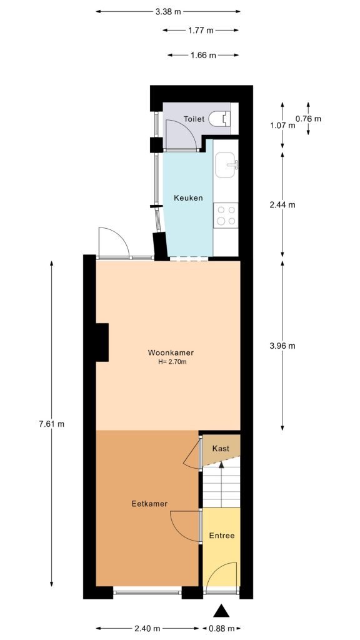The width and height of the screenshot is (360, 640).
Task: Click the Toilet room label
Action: [194, 119]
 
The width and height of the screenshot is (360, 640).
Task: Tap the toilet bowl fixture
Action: [219, 119]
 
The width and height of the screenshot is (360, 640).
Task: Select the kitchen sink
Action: [226, 166]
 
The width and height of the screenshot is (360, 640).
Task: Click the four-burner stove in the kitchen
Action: [226, 215]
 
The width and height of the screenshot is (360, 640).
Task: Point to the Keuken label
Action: [187, 198]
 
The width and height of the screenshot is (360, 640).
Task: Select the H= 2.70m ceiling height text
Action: [172, 361]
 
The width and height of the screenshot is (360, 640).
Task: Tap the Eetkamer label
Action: [149, 504]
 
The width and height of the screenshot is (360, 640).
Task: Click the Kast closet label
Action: [221, 449]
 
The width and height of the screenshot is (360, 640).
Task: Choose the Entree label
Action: [222, 536]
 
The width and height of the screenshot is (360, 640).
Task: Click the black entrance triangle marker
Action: [222, 611]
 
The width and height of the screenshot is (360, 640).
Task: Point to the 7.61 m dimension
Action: [52, 424]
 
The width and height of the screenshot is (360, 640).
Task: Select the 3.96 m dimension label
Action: [282, 346]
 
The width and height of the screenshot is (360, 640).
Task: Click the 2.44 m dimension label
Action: [282, 204]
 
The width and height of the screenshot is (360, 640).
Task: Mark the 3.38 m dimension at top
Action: [168, 11]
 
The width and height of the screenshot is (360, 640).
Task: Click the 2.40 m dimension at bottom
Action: [147, 628]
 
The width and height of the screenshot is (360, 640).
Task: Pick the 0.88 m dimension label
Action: [222, 628]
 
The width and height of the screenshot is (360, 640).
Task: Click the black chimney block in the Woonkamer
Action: [102, 342]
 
